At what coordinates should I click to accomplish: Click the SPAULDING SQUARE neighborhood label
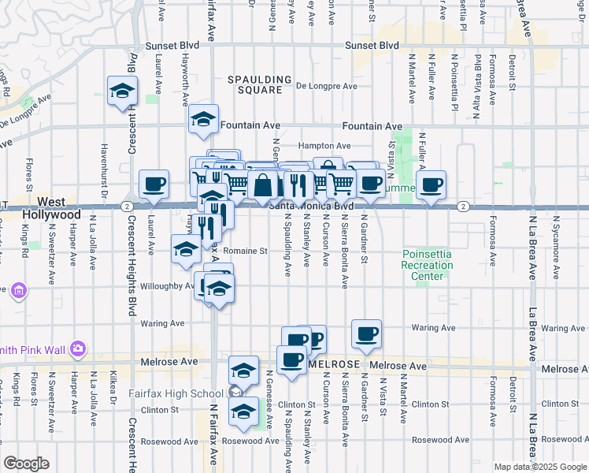(x=254, y=84)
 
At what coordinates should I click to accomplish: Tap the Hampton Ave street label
(x=324, y=146)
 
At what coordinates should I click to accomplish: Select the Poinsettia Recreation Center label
(x=428, y=265)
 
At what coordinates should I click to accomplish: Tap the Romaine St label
(x=246, y=251)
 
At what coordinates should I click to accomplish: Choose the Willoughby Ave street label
(x=167, y=286)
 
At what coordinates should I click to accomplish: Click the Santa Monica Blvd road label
(x=309, y=205)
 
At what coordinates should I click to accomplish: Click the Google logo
(x=26, y=464)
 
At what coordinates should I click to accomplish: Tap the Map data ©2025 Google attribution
(x=539, y=467)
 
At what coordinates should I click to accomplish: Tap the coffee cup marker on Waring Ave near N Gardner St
(x=365, y=333)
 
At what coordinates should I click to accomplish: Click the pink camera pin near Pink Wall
(x=77, y=348)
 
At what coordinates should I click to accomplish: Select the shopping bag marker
(x=265, y=185)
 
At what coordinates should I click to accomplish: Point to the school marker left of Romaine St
(x=186, y=248)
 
